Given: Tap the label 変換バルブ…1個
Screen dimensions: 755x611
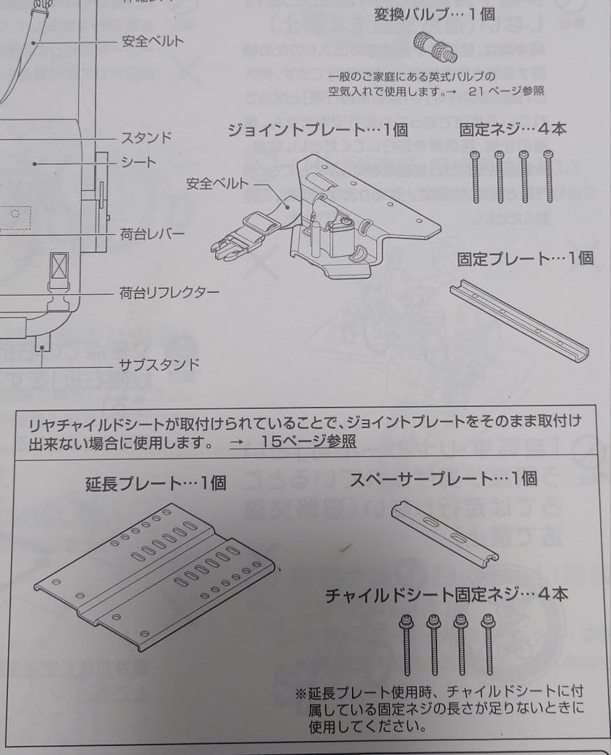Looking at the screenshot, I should coord(434,15).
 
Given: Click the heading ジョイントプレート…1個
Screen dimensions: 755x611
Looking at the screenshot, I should coord(318,130).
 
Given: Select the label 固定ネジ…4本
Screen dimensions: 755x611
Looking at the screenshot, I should coord(513,129).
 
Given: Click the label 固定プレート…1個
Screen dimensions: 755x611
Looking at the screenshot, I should coord(525,259).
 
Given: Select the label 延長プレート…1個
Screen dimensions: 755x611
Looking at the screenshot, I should coord(156,483).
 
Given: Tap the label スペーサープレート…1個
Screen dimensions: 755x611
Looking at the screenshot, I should coord(443,479).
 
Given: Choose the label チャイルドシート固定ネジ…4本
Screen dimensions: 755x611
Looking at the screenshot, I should coord(446,595).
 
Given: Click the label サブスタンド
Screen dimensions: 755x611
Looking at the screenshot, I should coord(159,364).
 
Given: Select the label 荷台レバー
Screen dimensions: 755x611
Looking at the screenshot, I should coord(152,234).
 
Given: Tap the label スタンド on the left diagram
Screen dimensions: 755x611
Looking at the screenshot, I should coord(146,137).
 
